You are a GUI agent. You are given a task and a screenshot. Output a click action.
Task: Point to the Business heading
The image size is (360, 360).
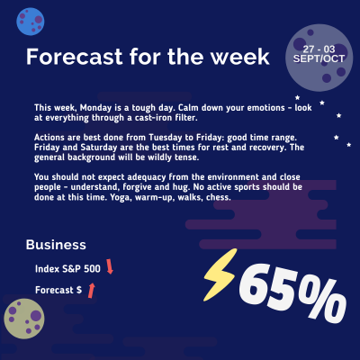click(x=56, y=244)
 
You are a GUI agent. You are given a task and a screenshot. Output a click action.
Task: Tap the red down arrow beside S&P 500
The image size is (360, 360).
click(x=110, y=266)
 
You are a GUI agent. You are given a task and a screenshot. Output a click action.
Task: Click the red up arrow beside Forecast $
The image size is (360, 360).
click(x=92, y=289)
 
